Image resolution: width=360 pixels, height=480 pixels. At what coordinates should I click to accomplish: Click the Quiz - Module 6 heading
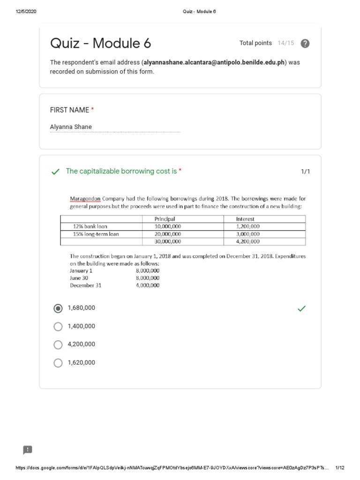click(x=100, y=44)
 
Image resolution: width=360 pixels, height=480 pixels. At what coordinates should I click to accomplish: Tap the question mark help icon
click(x=305, y=44)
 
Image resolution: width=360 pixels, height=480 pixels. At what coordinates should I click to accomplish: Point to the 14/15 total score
click(x=285, y=43)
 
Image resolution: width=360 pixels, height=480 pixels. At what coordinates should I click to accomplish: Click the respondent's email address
click(x=214, y=63)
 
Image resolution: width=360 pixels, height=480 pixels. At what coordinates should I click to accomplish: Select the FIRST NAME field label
click(x=69, y=110)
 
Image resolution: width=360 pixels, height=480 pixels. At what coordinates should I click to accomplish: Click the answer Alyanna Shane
click(x=71, y=127)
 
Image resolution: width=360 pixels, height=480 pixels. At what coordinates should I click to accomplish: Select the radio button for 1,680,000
click(x=58, y=308)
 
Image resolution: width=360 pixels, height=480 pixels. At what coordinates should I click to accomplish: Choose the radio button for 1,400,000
click(x=58, y=327)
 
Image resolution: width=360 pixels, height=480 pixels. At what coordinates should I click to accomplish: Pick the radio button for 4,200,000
click(x=58, y=345)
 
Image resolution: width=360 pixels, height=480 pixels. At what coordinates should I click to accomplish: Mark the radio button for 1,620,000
click(x=58, y=363)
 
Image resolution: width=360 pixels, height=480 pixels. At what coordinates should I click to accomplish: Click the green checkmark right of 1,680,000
click(x=301, y=308)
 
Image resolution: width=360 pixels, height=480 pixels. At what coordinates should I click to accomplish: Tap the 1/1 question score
click(x=305, y=172)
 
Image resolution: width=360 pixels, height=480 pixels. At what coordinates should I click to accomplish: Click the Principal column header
click(x=165, y=219)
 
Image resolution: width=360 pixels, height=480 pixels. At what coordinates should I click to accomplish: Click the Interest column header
click(x=245, y=219)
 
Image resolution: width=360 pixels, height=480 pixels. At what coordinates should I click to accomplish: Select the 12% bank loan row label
click(x=90, y=226)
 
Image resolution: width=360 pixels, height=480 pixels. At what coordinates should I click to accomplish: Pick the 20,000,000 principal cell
click(x=167, y=234)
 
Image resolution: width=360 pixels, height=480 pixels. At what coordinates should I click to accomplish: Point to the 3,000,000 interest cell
click(x=247, y=234)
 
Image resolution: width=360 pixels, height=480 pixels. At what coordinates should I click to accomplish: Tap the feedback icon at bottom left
click(x=27, y=450)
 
